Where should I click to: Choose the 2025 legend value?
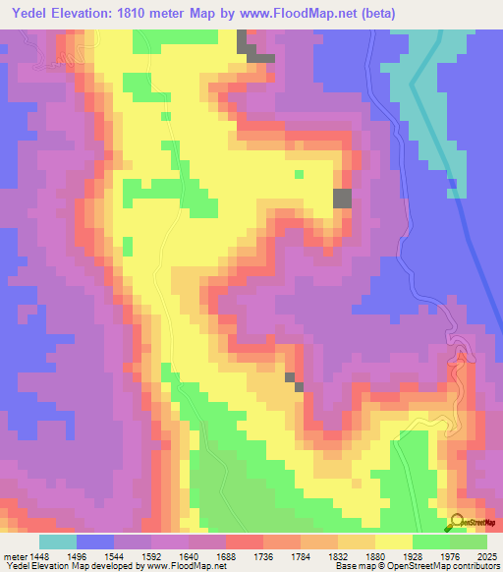pos(486,554)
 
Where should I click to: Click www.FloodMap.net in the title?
pos(318,13)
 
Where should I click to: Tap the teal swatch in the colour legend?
pos(57,542)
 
